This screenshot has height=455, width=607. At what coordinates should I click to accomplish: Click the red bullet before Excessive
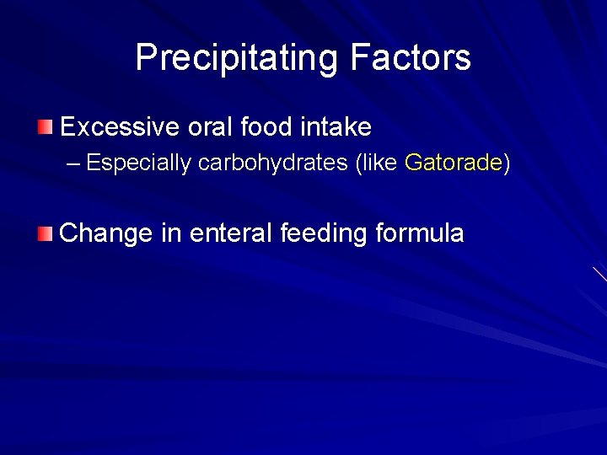click(45, 128)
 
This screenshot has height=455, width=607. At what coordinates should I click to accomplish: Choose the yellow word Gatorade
click(453, 163)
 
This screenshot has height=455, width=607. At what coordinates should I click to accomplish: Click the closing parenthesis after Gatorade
click(507, 163)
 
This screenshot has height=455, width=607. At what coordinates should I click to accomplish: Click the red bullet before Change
click(45, 233)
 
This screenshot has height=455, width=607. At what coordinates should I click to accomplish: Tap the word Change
click(106, 233)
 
